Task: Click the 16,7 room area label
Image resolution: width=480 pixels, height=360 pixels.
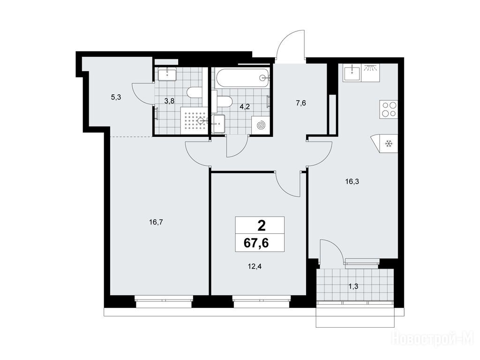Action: pos(156,222)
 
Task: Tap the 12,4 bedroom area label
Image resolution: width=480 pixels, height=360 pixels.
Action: pos(255,266)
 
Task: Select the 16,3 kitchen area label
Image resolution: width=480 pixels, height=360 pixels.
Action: pos(352,181)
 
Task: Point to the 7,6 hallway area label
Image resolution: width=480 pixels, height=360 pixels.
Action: pos(301,103)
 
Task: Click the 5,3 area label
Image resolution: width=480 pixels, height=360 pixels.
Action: pos(116,97)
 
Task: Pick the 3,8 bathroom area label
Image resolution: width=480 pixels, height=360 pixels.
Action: pos(169,101)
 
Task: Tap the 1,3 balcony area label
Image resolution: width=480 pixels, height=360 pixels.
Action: pos(353,286)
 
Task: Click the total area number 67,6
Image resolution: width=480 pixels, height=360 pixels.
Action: pos(256,243)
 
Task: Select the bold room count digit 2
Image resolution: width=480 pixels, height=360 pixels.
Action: pos(262,226)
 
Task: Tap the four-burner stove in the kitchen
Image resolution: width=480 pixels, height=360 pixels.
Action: pos(389,109)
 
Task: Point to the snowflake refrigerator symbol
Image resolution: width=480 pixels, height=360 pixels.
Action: pos(389,143)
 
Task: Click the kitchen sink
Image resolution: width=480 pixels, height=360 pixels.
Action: pos(352,73)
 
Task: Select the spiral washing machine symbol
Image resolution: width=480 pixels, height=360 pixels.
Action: pos(261,125)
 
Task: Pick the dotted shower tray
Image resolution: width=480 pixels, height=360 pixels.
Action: pos(194,120)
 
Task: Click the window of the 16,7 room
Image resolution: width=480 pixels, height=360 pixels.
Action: pos(164,301)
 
